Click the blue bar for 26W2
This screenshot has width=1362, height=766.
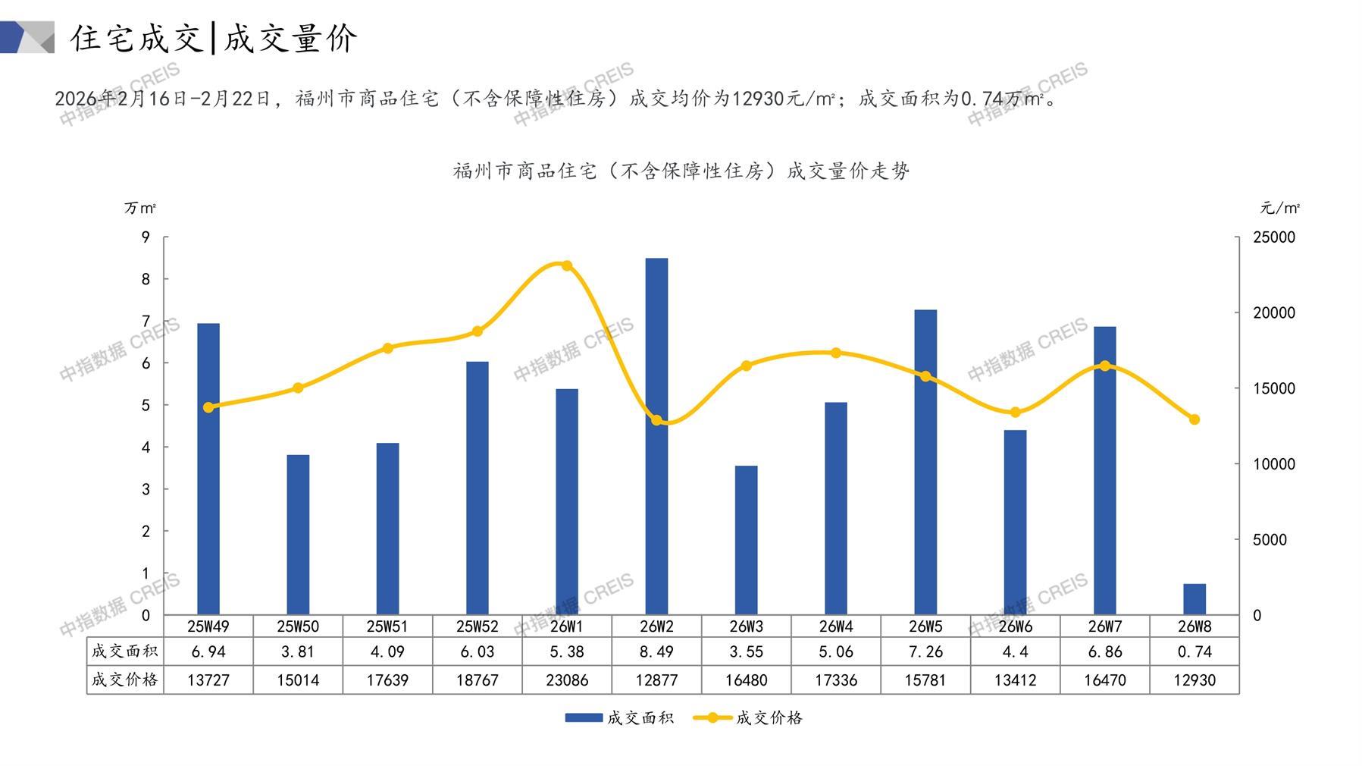pos(656,436)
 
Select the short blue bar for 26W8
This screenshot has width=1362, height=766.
pos(1194,599)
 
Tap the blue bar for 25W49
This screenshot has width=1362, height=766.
pos(208,469)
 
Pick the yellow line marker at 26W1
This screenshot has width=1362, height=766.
pos(566,265)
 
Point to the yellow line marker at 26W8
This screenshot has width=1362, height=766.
pos(1194,419)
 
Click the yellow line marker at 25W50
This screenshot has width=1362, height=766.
pos(298,388)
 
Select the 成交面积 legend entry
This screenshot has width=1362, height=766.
pos(618,717)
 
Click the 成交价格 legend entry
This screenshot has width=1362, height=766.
pos(748,717)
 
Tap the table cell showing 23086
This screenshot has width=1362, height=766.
pos(567,680)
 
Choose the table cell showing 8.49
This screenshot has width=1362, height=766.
pos(656,651)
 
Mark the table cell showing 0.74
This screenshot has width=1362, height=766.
pos(1194,651)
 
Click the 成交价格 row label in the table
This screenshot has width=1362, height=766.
pos(125,680)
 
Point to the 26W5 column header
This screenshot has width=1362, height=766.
pos(925,626)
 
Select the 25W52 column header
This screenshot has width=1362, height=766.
pos(477,626)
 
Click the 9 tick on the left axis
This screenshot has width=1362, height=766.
pos(146,237)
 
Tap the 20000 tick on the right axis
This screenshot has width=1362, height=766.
pos(1274,312)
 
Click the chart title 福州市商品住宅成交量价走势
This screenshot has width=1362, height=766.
pos(681,171)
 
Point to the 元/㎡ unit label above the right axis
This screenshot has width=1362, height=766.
pos(1279,208)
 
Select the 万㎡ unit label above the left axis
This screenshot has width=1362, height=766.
pos(140,208)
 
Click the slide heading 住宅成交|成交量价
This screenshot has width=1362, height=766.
pos(214,38)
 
